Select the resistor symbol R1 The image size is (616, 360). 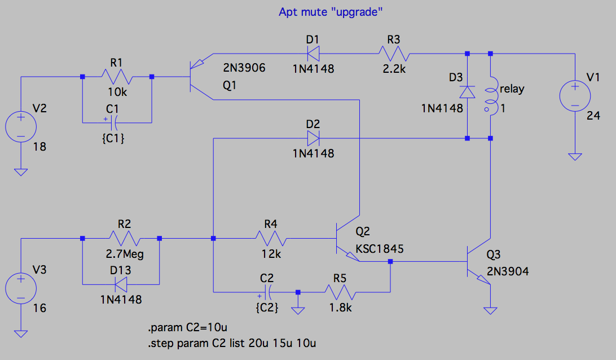coord(116,77)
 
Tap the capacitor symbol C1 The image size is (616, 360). coord(116,122)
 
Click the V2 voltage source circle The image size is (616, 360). coord(20,126)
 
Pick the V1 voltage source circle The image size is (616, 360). coord(575,95)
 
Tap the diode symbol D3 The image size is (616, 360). coord(468,92)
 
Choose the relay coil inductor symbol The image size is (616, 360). coord(491,96)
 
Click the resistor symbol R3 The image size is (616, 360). coord(393,54)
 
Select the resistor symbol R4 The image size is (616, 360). coord(271,238)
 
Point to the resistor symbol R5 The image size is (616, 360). coord(340,292)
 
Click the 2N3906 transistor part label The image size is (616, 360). coord(244,68)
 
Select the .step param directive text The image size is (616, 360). coord(235,343)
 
